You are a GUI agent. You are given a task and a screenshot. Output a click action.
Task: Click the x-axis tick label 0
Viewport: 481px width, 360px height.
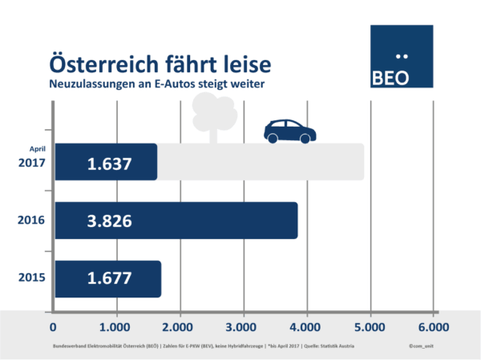(x=53, y=327)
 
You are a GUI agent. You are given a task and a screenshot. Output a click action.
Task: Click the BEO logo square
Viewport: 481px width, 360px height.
(x=401, y=56)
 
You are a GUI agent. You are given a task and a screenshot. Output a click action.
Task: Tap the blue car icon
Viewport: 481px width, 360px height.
(x=289, y=131)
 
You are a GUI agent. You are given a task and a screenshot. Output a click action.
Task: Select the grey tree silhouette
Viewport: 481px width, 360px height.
(x=215, y=115)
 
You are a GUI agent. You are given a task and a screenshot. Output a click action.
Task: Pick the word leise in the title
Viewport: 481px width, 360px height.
(x=240, y=63)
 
